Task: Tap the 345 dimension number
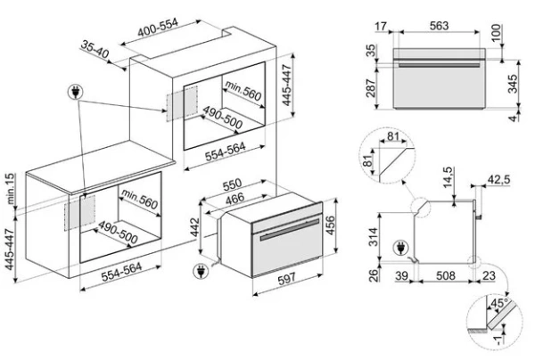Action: click(x=515, y=85)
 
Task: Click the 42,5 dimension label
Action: click(x=499, y=180)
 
